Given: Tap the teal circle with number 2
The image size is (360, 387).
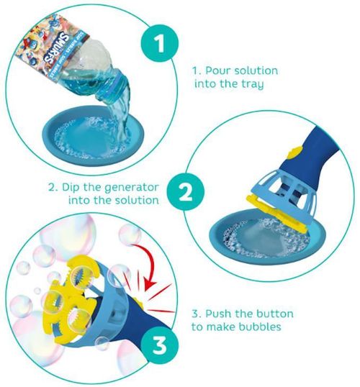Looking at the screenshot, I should pos(184,192).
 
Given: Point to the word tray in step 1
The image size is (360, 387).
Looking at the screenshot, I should pos(253,85).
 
